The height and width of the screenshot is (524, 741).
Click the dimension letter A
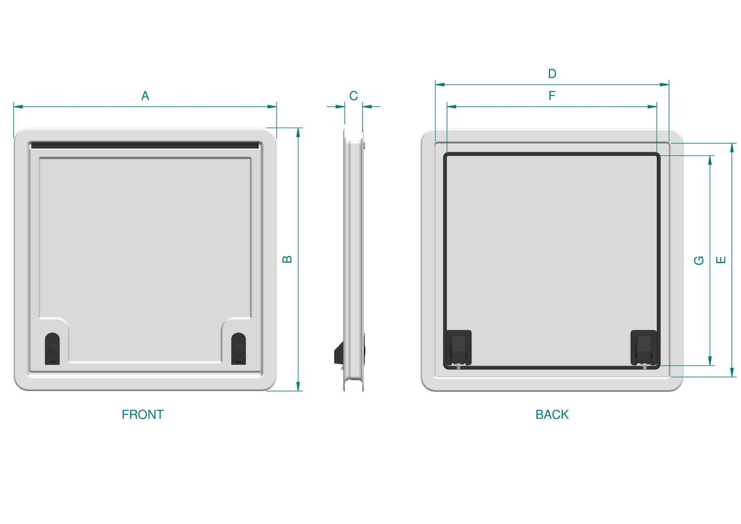click(145, 96)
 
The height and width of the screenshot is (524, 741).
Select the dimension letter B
click(287, 260)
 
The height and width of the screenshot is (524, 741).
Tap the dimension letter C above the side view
click(353, 96)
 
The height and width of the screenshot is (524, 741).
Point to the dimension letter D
click(552, 74)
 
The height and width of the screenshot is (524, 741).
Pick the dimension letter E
click(721, 260)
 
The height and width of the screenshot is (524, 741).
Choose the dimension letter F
click(552, 96)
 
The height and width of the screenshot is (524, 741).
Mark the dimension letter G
click(699, 260)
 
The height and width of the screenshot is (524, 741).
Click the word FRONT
click(142, 414)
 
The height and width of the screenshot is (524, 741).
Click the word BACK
click(552, 414)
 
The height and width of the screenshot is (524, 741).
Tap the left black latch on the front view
click(52, 349)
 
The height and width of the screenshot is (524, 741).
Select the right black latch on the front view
click(238, 349)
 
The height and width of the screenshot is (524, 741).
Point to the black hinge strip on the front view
click(145, 145)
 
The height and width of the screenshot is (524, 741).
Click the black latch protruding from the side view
click(339, 353)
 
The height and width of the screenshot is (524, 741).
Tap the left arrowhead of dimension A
click(18, 107)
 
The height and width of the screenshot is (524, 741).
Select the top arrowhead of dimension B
click(298, 132)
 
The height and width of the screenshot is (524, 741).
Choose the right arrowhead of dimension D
click(664, 85)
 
